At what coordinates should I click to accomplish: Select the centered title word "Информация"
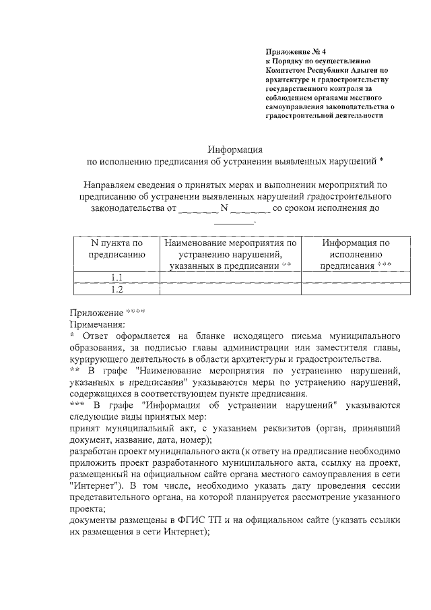point(234,150)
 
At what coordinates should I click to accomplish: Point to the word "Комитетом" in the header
point(289,69)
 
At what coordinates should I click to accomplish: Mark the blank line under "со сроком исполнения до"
point(234,221)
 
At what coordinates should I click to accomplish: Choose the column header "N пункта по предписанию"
point(117,249)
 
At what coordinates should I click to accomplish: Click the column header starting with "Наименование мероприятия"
point(230,254)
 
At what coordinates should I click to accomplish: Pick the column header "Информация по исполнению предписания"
point(356,254)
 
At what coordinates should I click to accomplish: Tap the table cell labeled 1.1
point(117,277)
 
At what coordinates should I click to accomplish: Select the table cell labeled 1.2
point(117,289)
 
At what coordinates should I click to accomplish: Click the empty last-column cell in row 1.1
point(356,277)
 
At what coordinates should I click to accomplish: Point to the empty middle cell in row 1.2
point(230,289)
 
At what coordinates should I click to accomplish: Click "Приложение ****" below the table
point(108,313)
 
